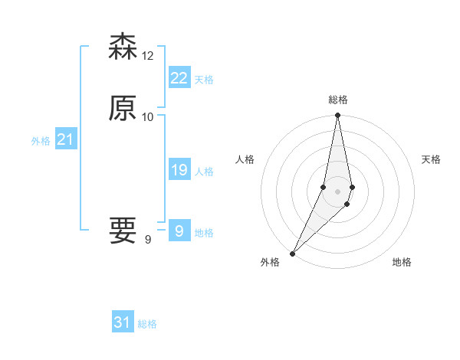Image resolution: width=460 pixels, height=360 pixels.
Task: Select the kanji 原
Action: tap(123, 108)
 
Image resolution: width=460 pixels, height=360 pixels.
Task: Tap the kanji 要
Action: tap(123, 231)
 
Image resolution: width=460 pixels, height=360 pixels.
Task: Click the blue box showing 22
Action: tap(179, 77)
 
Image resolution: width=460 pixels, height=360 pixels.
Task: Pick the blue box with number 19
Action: tap(179, 170)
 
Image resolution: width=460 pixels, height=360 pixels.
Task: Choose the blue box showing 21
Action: tap(65, 139)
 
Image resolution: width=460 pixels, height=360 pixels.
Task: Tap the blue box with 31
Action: tap(123, 322)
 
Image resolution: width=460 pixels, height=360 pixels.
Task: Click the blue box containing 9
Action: tap(179, 231)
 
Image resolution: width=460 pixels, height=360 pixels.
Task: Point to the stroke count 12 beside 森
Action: tap(148, 55)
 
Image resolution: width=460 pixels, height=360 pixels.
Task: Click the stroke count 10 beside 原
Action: tap(148, 116)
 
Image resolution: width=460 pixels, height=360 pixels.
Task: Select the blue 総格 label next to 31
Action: tap(147, 324)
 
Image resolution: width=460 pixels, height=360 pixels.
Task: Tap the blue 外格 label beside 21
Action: tap(41, 141)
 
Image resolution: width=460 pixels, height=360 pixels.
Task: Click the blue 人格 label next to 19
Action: tap(204, 172)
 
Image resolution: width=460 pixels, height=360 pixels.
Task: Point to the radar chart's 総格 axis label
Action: tap(338, 100)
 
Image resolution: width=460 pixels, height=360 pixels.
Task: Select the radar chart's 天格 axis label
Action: tap(431, 159)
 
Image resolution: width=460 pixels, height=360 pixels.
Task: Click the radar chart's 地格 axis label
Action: tap(402, 262)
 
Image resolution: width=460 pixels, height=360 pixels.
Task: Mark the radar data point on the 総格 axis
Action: tap(338, 116)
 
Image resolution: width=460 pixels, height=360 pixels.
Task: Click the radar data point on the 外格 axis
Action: tap(293, 253)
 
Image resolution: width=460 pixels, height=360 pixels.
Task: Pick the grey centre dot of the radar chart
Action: tap(338, 191)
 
